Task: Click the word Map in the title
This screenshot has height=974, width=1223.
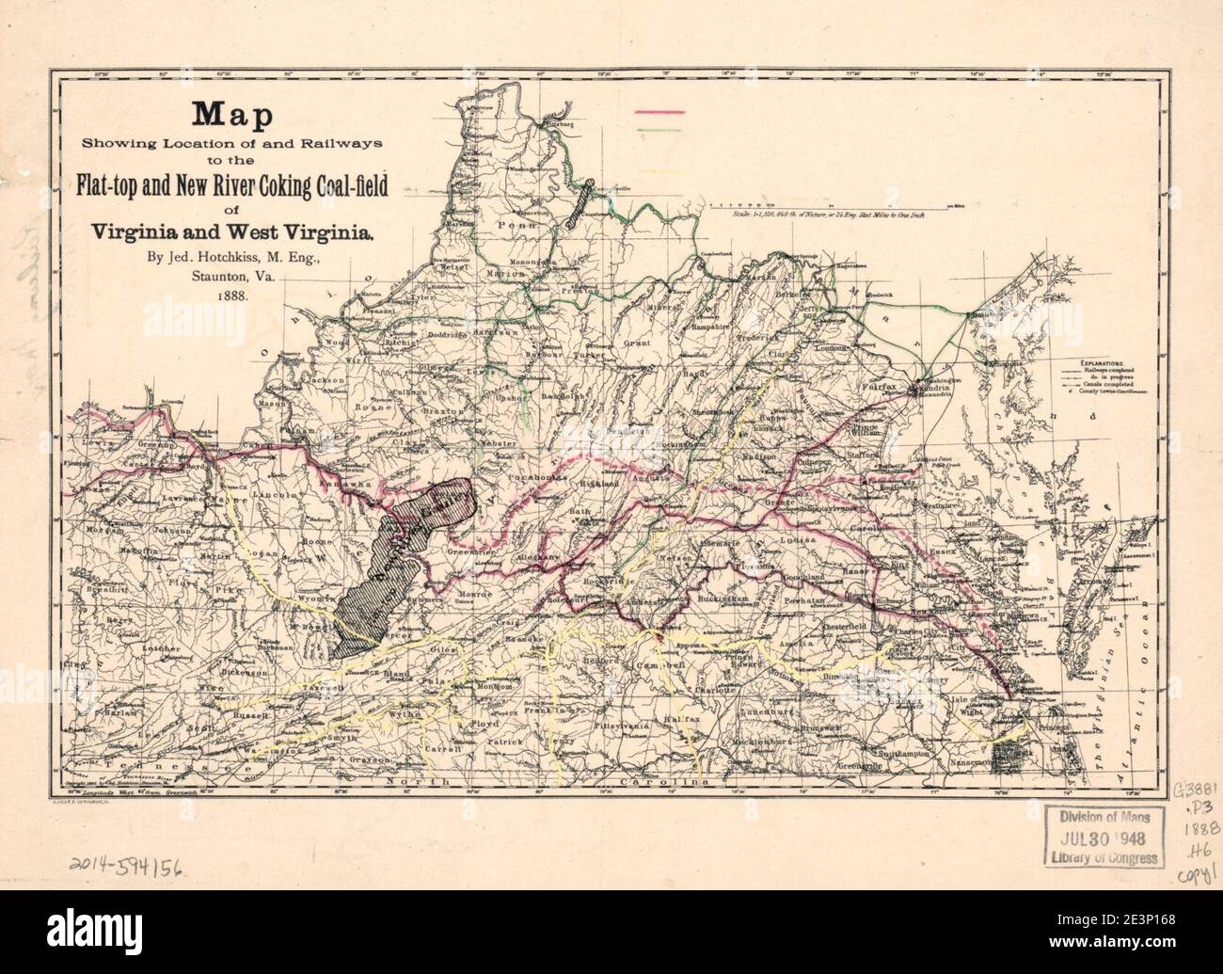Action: pos(232,115)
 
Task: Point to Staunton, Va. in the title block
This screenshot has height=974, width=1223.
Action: pos(232,276)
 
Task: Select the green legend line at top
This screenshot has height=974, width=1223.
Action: pos(661,129)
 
